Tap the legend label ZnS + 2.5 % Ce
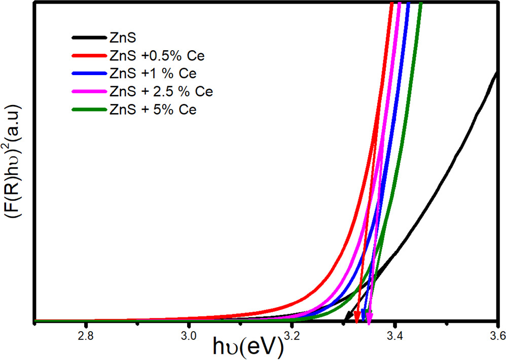[x=161, y=91]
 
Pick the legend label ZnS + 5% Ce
[x=153, y=110]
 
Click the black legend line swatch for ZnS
[x=88, y=37]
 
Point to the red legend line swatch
[x=88, y=55]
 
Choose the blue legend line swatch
[x=88, y=74]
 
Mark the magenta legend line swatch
[x=88, y=92]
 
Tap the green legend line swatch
[x=88, y=110]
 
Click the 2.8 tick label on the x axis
[x=86, y=335]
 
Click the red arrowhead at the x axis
[x=357, y=318]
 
